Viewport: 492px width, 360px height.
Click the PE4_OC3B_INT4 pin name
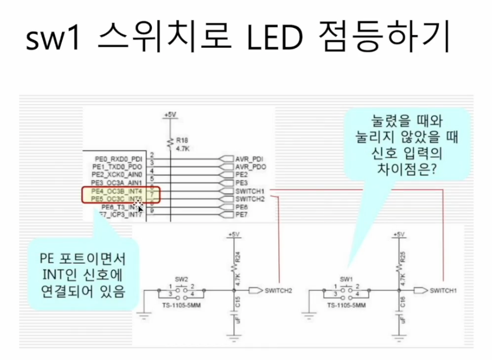117,191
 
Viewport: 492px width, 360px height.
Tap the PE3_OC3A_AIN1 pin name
117,183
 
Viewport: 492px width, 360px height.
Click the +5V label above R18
170,115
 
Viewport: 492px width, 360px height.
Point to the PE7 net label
241,215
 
